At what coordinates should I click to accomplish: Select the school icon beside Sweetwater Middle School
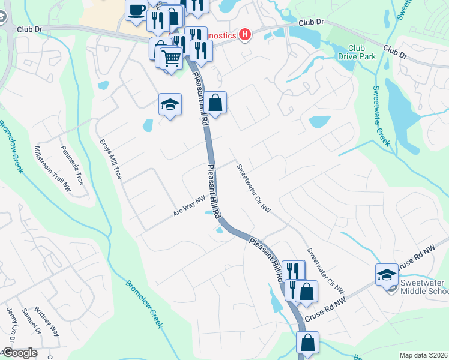click(387, 275)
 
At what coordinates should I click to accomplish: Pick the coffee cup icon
click(136, 10)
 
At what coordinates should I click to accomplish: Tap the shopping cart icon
click(171, 58)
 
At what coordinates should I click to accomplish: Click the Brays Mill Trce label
click(110, 160)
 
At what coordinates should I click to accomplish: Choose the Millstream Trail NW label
click(53, 170)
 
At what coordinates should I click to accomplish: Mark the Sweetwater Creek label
click(381, 116)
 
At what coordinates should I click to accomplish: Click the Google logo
click(20, 353)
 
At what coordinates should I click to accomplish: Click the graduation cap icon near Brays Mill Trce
click(170, 104)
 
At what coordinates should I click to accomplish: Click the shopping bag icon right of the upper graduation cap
click(215, 103)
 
